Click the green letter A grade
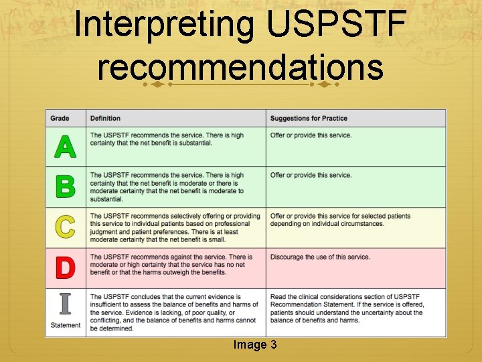(65, 146)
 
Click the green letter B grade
(65, 186)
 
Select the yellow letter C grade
(65, 227)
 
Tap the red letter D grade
(65, 267)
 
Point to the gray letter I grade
(65, 304)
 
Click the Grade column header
(60, 119)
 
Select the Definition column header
(105, 119)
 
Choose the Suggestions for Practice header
(309, 119)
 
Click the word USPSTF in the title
(336, 25)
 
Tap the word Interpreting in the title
(164, 25)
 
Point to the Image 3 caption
(255, 345)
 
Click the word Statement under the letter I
(66, 326)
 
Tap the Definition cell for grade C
(175, 228)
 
